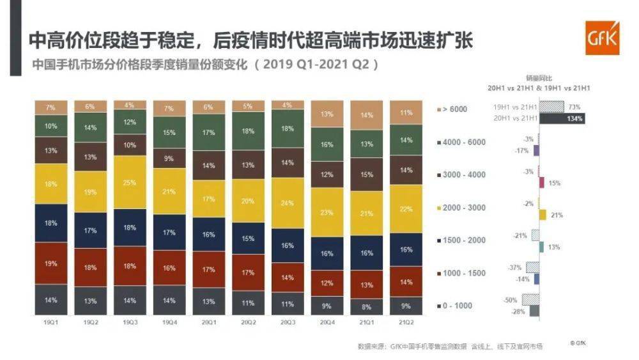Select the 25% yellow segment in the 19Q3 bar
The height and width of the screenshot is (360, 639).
(x=130, y=184)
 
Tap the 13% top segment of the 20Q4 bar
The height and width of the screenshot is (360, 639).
(x=327, y=114)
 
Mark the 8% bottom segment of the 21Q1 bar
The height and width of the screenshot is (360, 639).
(x=366, y=306)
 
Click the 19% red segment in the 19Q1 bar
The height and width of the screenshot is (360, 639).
(x=51, y=263)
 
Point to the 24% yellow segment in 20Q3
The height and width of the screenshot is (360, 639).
(x=288, y=203)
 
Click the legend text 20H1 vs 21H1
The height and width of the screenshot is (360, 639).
(x=514, y=118)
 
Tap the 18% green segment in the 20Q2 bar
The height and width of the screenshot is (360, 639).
(x=248, y=131)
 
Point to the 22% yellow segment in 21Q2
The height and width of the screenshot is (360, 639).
(x=406, y=209)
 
